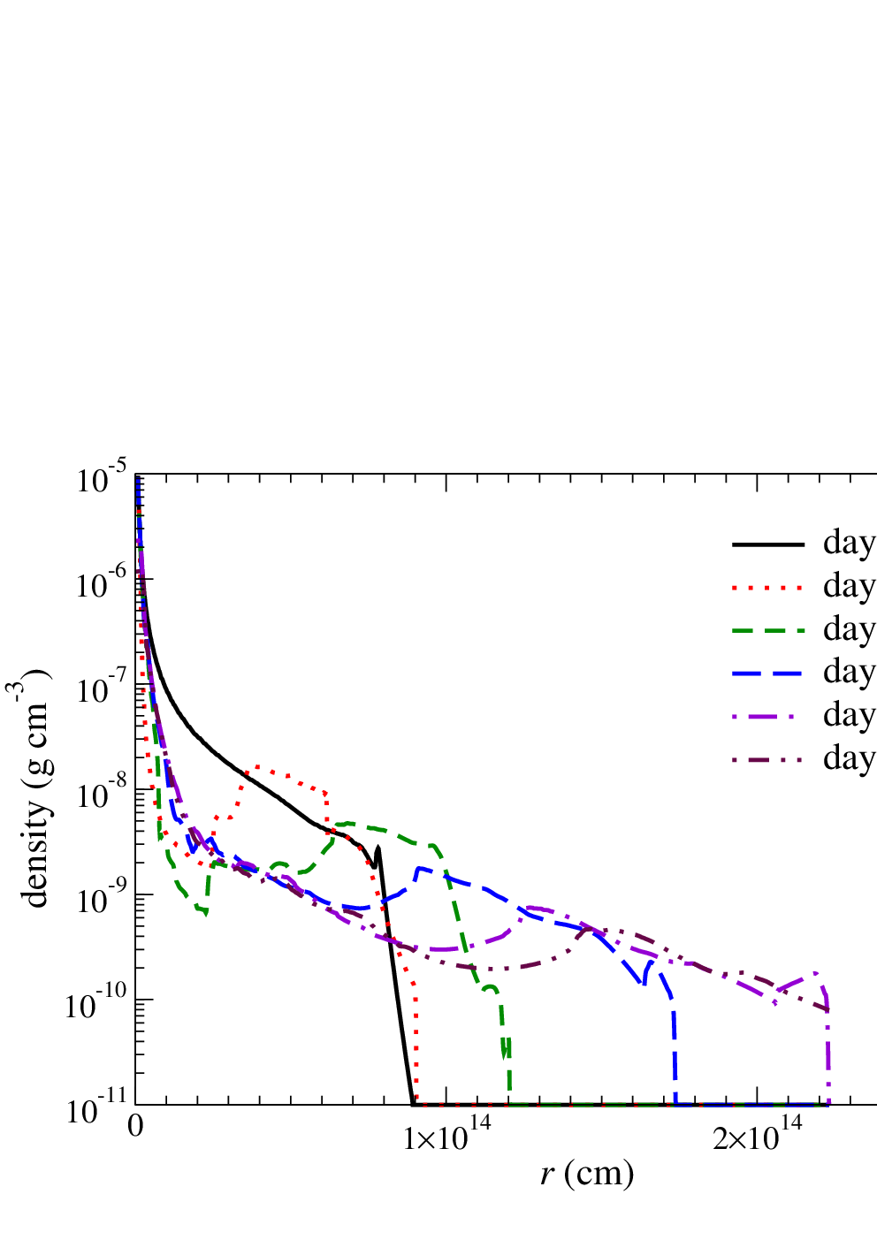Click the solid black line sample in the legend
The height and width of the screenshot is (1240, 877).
pyautogui.click(x=768, y=544)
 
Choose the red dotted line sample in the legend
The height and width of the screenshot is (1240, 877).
pyautogui.click(x=768, y=588)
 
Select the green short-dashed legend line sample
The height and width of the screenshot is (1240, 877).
pyautogui.click(x=768, y=630)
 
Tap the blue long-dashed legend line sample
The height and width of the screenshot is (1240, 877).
pyautogui.click(x=768, y=673)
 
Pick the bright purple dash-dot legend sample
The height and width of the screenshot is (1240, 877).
pyautogui.click(x=768, y=716)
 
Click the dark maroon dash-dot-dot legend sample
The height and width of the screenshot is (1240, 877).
pyautogui.click(x=768, y=759)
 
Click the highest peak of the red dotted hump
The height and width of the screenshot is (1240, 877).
pyautogui.click(x=257, y=766)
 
